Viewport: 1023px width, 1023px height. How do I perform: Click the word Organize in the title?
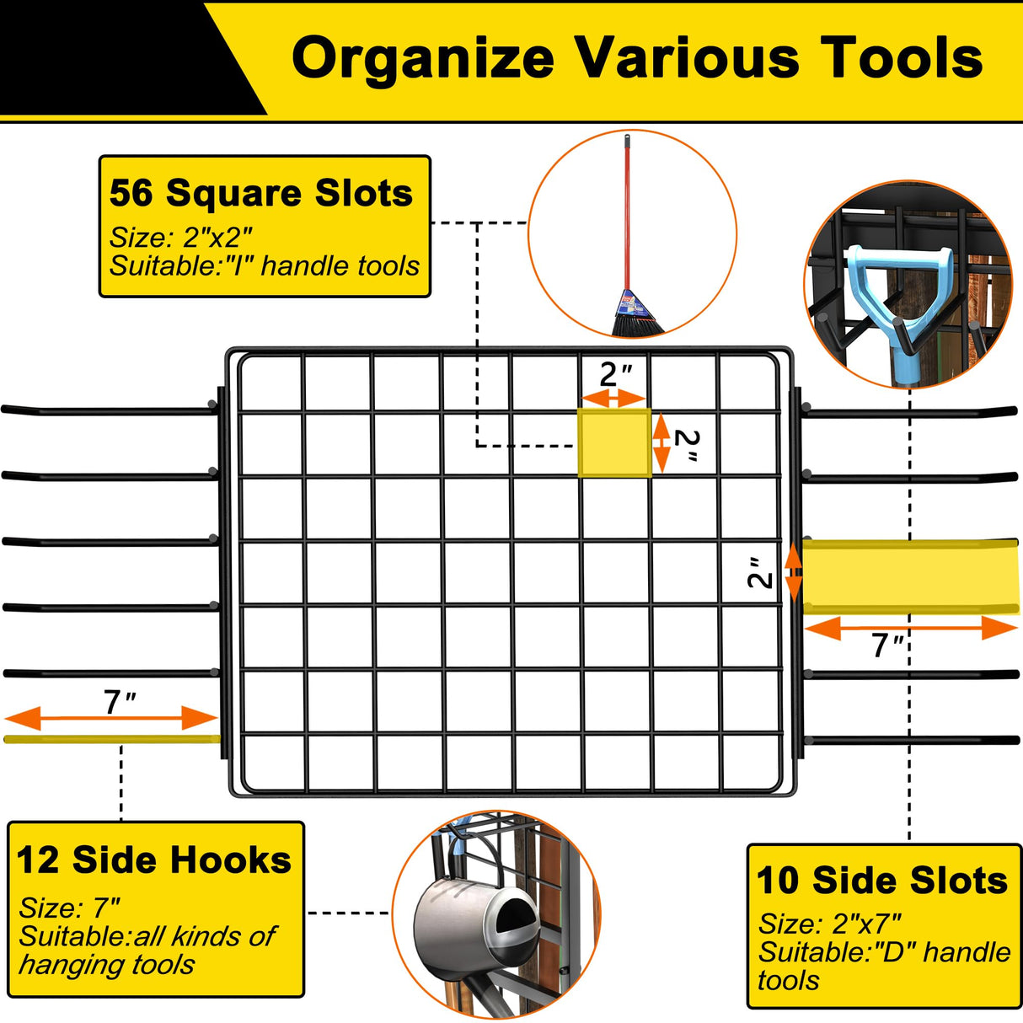click(422, 59)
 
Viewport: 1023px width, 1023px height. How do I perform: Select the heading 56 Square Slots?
click(261, 193)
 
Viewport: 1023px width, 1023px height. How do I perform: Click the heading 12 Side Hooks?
click(154, 860)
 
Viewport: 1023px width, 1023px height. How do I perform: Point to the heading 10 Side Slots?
click(882, 881)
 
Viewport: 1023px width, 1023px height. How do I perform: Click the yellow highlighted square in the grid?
click(614, 443)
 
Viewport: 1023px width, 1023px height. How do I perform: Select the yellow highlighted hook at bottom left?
click(112, 739)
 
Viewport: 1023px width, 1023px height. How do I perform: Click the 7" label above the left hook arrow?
click(119, 702)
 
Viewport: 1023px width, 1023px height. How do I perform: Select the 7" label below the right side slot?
click(887, 646)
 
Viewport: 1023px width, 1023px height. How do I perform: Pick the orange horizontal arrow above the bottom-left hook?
click(111, 719)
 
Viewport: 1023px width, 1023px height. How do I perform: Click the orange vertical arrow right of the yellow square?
click(661, 443)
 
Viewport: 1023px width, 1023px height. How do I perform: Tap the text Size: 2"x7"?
click(830, 924)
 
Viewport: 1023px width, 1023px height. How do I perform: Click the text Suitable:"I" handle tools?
click(265, 266)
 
